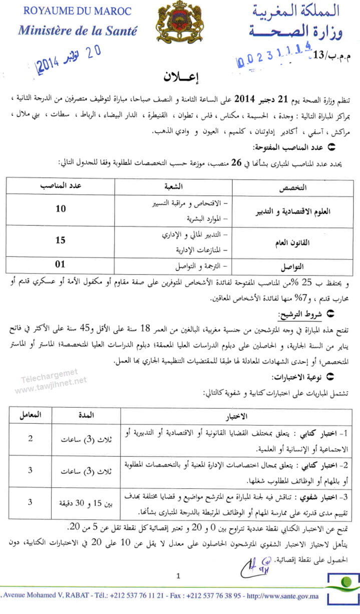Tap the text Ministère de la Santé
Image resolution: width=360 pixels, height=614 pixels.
pyautogui.click(x=77, y=30)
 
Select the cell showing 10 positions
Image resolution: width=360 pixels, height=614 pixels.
pyautogui.click(x=61, y=209)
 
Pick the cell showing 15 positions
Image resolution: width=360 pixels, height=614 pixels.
pyautogui.click(x=61, y=240)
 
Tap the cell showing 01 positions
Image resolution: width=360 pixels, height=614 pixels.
pyautogui.click(x=61, y=264)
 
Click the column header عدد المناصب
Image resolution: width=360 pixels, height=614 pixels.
pyautogui.click(x=61, y=186)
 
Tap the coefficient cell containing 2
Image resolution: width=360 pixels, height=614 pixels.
pyautogui.click(x=30, y=439)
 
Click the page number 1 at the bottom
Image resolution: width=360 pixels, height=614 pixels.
pyautogui.click(x=178, y=576)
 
